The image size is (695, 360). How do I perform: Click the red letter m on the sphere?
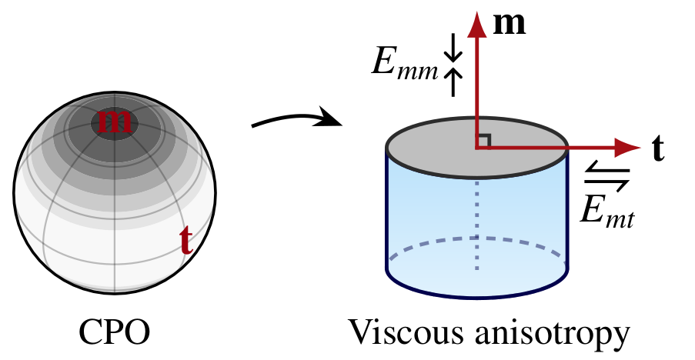(115, 122)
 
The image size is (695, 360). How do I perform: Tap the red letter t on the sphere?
(185, 241)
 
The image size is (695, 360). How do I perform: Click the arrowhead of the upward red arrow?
(477, 25)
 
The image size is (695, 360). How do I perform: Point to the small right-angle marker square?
(483, 141)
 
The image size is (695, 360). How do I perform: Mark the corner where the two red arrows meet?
(477, 148)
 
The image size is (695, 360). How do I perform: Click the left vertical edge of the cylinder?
(387, 208)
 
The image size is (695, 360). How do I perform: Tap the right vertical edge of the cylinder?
(567, 208)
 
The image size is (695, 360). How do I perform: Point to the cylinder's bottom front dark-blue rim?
(477, 296)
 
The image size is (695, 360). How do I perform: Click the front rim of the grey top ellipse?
(477, 177)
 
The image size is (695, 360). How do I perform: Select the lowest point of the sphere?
(115, 292)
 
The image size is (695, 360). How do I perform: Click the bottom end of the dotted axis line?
(477, 268)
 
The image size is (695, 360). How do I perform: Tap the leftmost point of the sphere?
(15, 193)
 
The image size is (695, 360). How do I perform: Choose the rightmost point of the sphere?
(214, 193)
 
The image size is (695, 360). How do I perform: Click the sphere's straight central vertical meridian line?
(115, 215)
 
